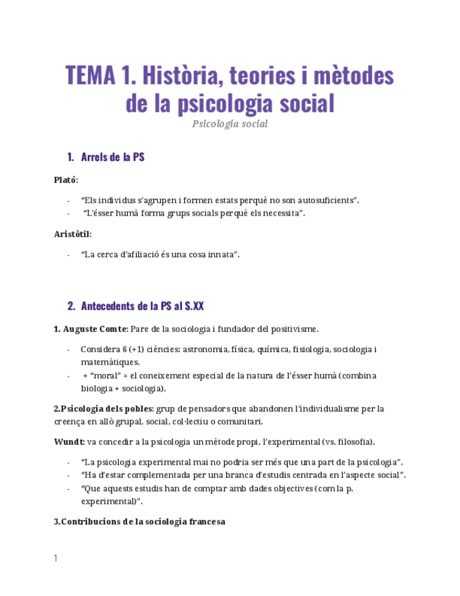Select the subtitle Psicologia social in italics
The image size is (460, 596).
(230, 124)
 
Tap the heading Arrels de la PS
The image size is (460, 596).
(113, 157)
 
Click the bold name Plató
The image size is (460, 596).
(66, 180)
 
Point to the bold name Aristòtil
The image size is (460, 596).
(72, 234)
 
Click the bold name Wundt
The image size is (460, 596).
(69, 441)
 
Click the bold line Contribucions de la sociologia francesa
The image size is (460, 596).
(139, 522)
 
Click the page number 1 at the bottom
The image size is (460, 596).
(55, 559)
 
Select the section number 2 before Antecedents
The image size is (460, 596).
(70, 306)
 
